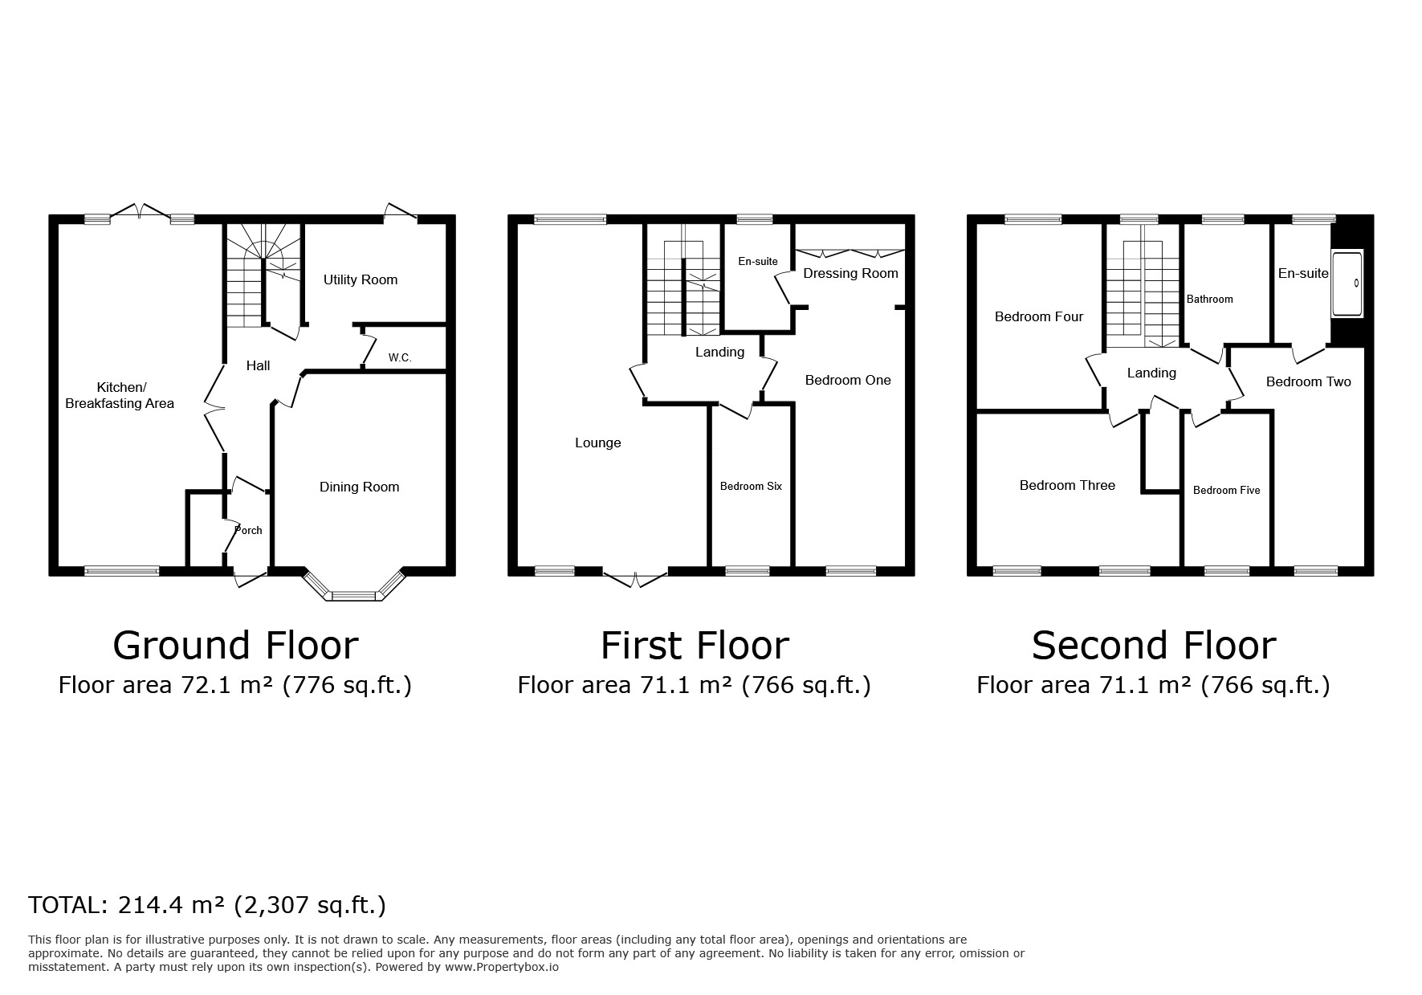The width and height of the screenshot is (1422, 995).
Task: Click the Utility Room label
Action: pyautogui.click(x=361, y=280)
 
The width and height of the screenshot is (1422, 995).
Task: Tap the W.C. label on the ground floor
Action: pyautogui.click(x=400, y=358)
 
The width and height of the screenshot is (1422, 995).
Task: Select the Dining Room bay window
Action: pyautogui.click(x=353, y=585)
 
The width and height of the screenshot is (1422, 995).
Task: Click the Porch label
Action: pyautogui.click(x=249, y=530)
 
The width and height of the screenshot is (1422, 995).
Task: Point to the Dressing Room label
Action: pyautogui.click(x=850, y=274)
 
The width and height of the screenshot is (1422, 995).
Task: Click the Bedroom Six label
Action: pyautogui.click(x=751, y=487)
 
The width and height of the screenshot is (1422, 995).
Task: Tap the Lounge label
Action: pyautogui.click(x=598, y=443)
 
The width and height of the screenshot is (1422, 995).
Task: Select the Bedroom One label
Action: pyautogui.click(x=848, y=381)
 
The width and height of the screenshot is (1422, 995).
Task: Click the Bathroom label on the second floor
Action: pyautogui.click(x=1210, y=300)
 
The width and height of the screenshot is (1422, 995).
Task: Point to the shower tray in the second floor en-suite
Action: pyautogui.click(x=1347, y=284)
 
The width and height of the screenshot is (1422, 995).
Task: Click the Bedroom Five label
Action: pyautogui.click(x=1227, y=491)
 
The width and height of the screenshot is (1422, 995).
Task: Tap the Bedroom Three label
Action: pyautogui.click(x=1067, y=486)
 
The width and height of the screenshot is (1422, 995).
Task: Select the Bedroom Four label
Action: pyautogui.click(x=1039, y=317)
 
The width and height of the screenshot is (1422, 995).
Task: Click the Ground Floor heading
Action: pyautogui.click(x=235, y=645)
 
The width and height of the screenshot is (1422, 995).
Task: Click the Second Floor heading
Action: pyautogui.click(x=1154, y=645)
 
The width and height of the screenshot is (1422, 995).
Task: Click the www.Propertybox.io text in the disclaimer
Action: pyautogui.click(x=502, y=968)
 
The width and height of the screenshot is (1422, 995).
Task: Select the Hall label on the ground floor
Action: pyautogui.click(x=258, y=366)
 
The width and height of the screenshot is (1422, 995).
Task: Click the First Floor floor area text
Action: pyautogui.click(x=695, y=685)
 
